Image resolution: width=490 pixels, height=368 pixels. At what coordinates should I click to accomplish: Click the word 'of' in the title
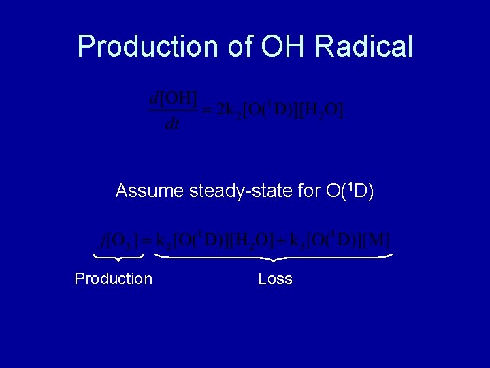point(235,46)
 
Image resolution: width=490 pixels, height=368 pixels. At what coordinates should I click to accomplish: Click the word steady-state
point(239,191)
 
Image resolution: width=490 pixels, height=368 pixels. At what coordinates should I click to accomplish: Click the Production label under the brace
point(114,279)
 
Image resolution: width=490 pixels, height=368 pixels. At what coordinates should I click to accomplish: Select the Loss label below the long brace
point(276,279)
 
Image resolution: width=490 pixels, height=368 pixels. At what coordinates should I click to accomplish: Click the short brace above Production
point(118,257)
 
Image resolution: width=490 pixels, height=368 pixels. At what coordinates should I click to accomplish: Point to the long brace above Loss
point(274,258)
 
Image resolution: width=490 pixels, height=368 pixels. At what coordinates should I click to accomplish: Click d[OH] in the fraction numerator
point(173,98)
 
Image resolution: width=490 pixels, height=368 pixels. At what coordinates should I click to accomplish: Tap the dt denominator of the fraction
point(172,124)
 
